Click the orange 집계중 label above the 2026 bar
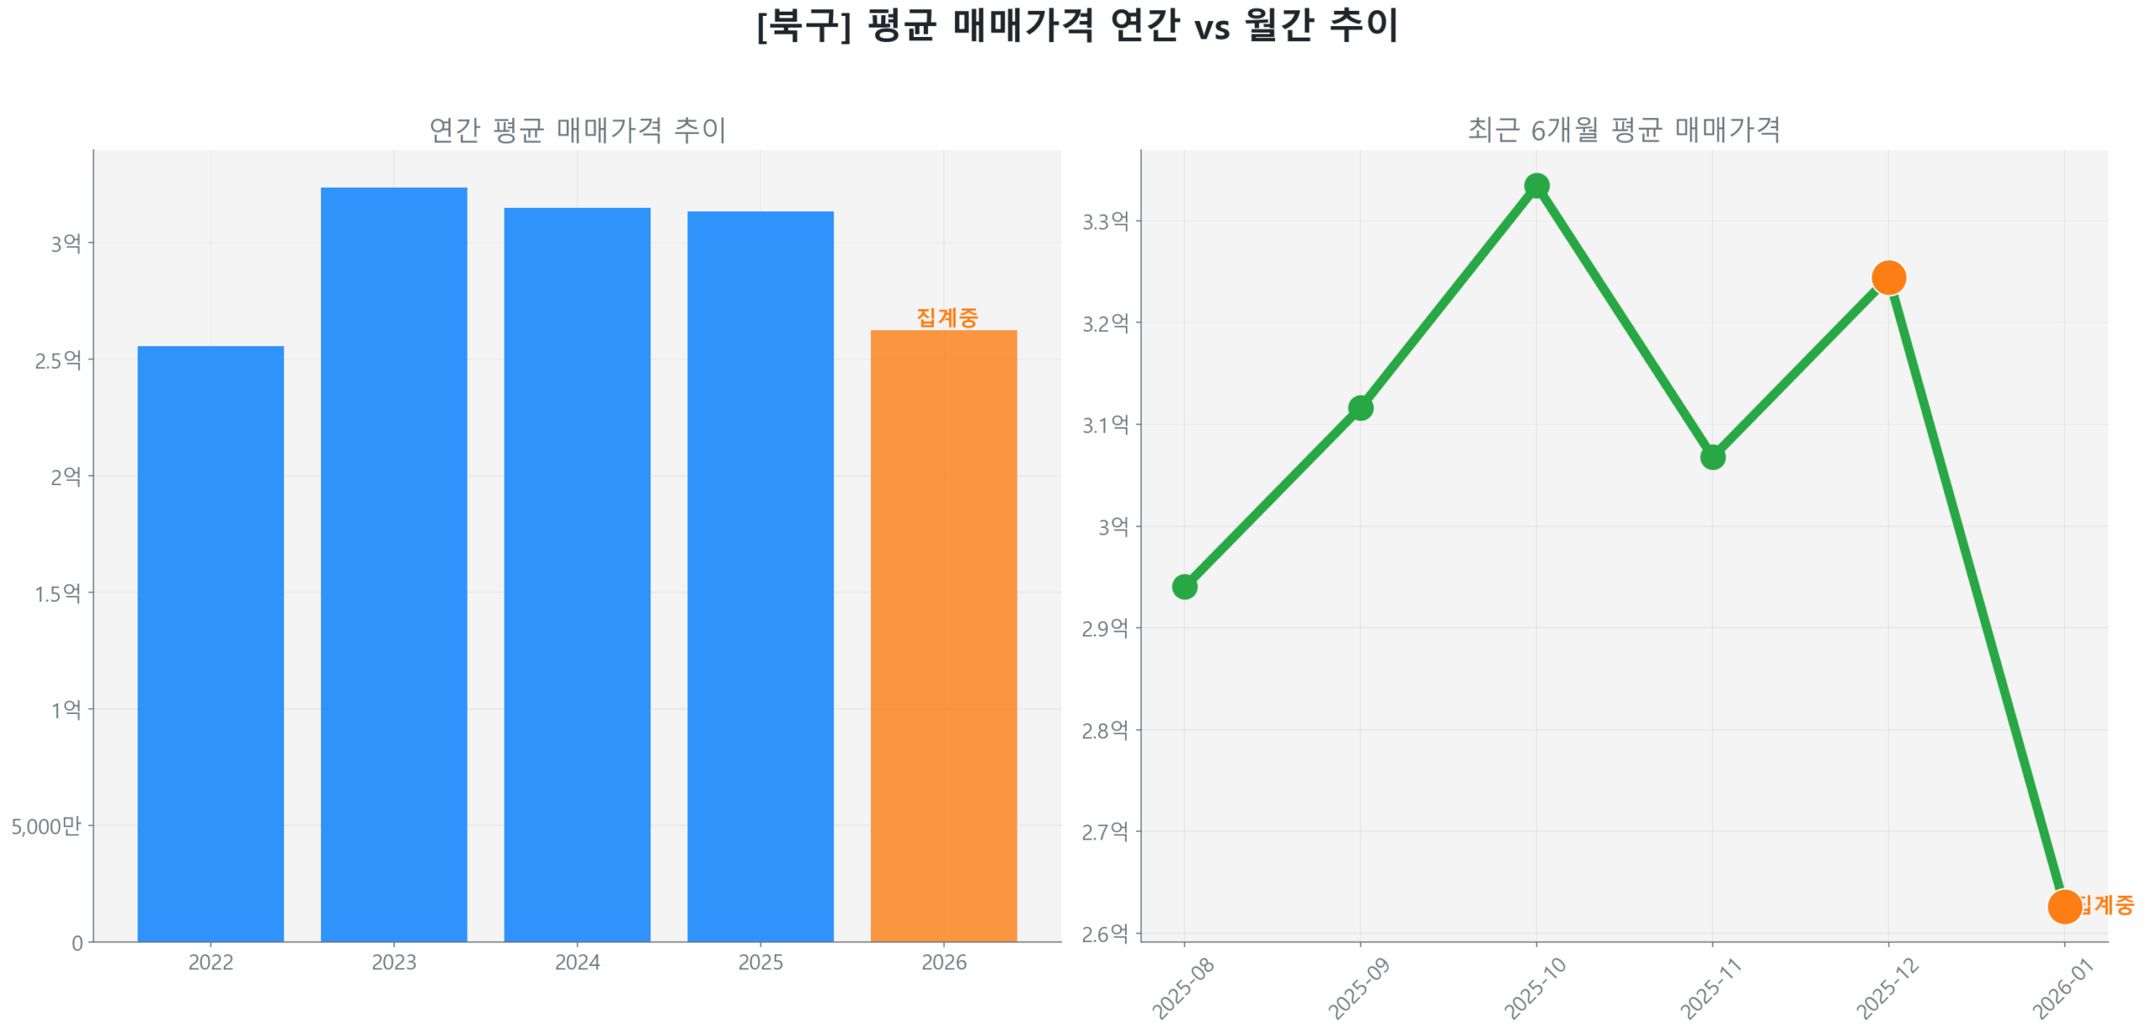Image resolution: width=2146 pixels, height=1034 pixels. point(946,317)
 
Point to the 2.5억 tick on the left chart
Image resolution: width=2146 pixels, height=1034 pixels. point(58,359)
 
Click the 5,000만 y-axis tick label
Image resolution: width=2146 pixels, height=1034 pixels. point(46,825)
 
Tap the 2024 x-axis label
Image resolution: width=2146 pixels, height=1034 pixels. point(577,961)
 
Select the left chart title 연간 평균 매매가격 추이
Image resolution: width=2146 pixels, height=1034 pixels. point(577,129)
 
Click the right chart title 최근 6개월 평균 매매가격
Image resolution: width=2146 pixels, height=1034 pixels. point(1623,129)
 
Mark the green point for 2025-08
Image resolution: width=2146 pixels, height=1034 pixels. point(1184,586)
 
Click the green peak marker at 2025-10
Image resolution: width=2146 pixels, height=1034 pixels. point(1536,185)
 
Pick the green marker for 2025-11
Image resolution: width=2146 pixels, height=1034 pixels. point(1712,457)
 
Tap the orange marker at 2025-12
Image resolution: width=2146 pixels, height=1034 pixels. point(1887,277)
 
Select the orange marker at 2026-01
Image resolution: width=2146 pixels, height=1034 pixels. point(2063,905)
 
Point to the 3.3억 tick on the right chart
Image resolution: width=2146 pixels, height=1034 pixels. point(1105,221)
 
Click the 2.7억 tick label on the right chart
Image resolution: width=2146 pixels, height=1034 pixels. point(1105,831)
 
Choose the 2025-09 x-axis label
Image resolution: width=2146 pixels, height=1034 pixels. point(1358,989)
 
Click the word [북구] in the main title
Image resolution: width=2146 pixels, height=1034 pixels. point(803,25)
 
